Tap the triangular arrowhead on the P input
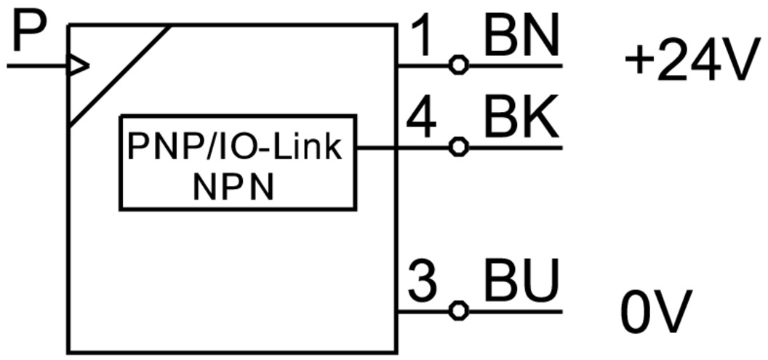pyautogui.click(x=78, y=66)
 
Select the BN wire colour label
pyautogui.click(x=521, y=36)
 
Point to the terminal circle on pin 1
pyautogui.click(x=457, y=65)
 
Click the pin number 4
pyautogui.click(x=421, y=119)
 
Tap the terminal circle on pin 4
pyautogui.click(x=457, y=148)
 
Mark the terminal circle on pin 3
pyautogui.click(x=457, y=311)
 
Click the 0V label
pyautogui.click(x=657, y=313)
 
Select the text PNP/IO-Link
pyautogui.click(x=234, y=148)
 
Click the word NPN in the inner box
pyautogui.click(x=234, y=188)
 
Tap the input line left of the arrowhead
pyautogui.click(x=36, y=66)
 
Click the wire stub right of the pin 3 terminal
pyautogui.click(x=513, y=311)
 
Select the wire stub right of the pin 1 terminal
pyautogui.click(x=513, y=65)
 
